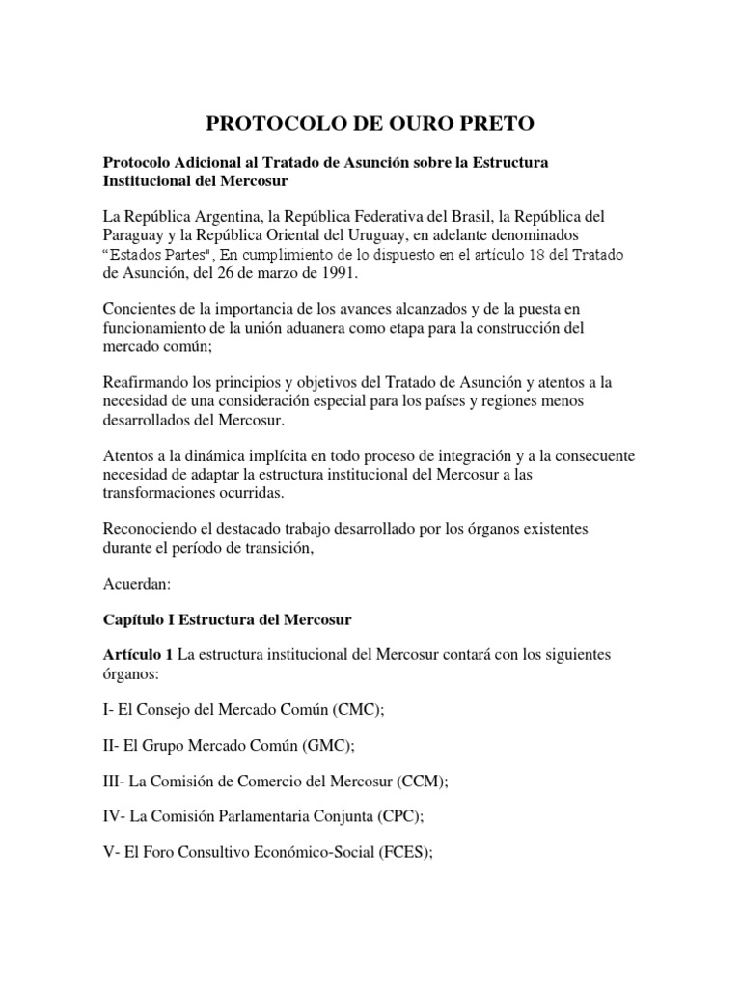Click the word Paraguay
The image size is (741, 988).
click(136, 235)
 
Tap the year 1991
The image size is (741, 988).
click(337, 273)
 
